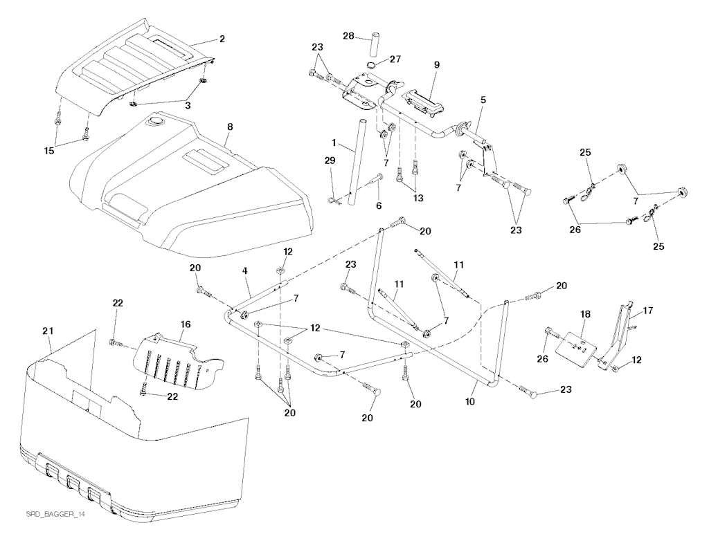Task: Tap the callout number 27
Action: click(x=395, y=59)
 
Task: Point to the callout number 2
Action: click(x=222, y=39)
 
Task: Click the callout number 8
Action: click(x=230, y=127)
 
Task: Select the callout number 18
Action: click(x=585, y=315)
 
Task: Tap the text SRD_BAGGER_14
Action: click(x=51, y=516)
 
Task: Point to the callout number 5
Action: click(x=483, y=100)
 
